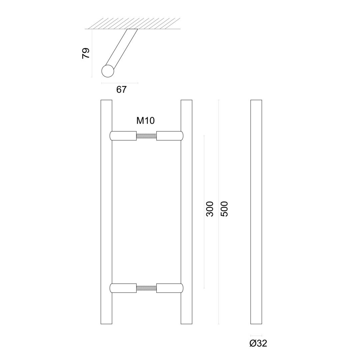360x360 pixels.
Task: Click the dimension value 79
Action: point(86,53)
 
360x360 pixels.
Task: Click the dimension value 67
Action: point(121,90)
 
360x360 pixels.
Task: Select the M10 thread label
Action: point(146,121)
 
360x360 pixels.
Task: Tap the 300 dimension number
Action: point(210,209)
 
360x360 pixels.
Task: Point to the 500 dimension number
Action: point(224,209)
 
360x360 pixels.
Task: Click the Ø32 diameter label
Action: point(258,343)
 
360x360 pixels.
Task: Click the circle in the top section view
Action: point(108,71)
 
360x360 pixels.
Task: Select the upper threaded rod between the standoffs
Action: point(146,136)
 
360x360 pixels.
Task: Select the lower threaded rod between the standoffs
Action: point(146,288)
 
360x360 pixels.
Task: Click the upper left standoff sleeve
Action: point(123,136)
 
